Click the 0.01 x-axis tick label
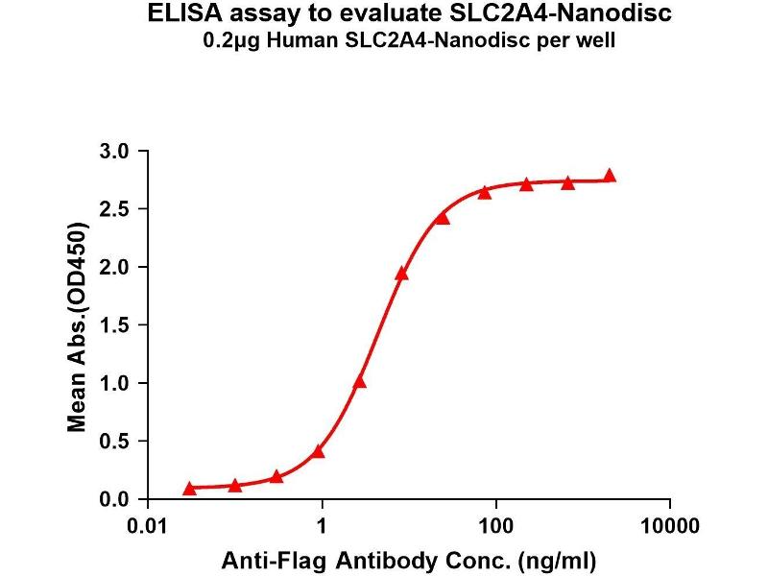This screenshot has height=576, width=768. [x=150, y=527]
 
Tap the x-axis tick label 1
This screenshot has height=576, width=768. [x=324, y=527]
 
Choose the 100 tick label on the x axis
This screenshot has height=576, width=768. [x=496, y=527]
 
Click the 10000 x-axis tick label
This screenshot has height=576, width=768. [x=669, y=527]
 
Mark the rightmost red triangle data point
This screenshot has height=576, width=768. [x=610, y=176]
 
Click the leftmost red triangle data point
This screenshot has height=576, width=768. [x=189, y=489]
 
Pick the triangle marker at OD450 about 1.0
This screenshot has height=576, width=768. [x=360, y=382]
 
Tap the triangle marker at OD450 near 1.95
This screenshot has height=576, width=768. [x=401, y=274]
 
